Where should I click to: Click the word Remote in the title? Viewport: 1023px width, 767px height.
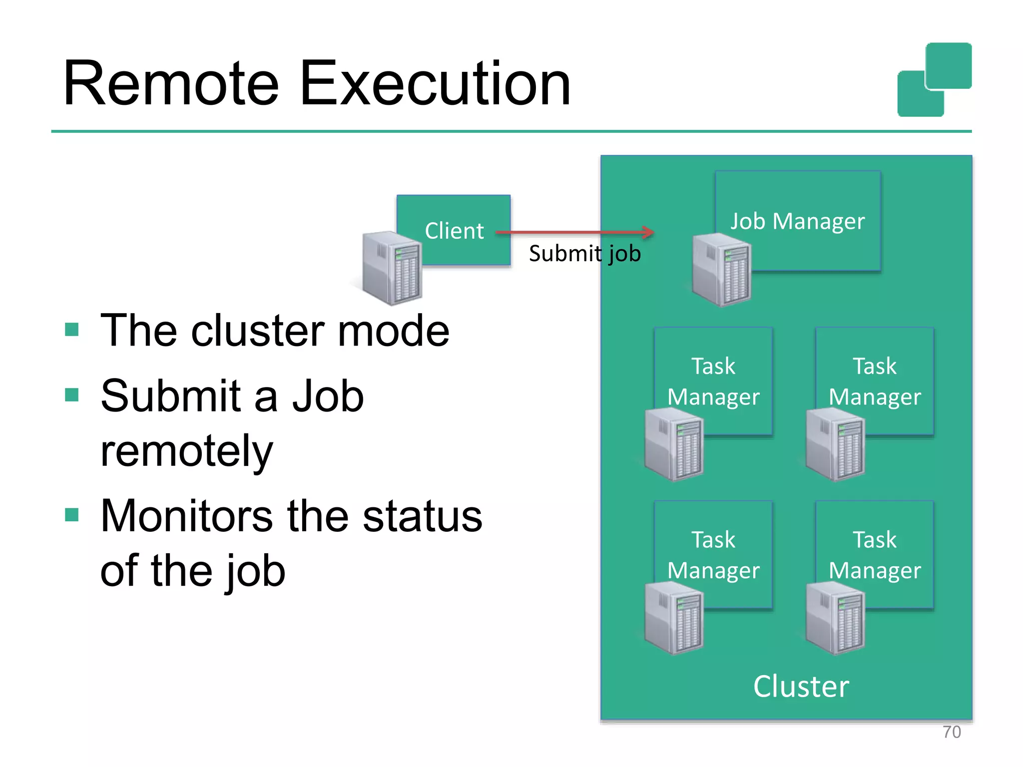pos(170,83)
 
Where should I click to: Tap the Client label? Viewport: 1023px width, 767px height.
pos(454,231)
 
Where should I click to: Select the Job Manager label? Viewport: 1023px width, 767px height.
pos(797,221)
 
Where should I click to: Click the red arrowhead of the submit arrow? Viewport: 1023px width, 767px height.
pos(648,232)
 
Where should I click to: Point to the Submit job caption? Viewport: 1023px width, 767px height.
pos(584,254)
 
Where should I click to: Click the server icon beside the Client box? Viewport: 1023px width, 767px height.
pos(393,268)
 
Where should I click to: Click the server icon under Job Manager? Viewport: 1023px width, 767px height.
pos(722,270)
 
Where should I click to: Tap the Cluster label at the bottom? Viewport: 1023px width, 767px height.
pos(801,686)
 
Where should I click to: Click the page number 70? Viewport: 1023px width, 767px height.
pos(951,732)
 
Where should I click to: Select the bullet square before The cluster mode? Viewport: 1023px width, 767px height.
pos(72,330)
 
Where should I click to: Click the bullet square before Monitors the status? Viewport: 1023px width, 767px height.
pos(72,514)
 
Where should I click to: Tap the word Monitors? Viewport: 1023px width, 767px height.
pos(186,516)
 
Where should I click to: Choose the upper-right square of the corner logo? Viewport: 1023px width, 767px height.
pos(948,65)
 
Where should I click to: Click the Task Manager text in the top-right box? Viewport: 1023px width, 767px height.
pos(874,382)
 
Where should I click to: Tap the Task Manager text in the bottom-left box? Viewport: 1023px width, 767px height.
pos(713,555)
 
